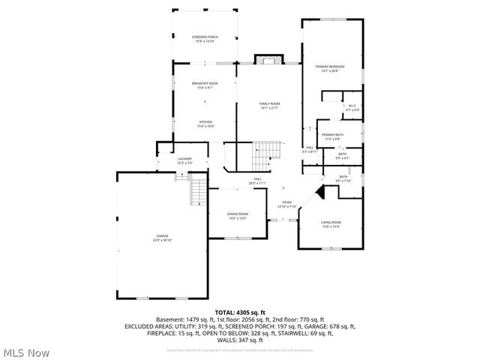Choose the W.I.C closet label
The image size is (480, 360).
click(352, 106)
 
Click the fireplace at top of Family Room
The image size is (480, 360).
click(269, 59)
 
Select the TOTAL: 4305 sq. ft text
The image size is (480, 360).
click(240, 312)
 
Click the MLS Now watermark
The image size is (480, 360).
click(27, 352)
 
